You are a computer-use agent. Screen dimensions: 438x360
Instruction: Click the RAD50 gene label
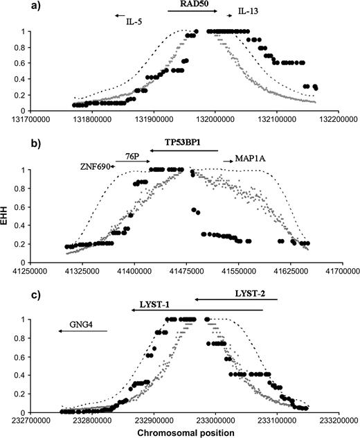pyautogui.click(x=192, y=3)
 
